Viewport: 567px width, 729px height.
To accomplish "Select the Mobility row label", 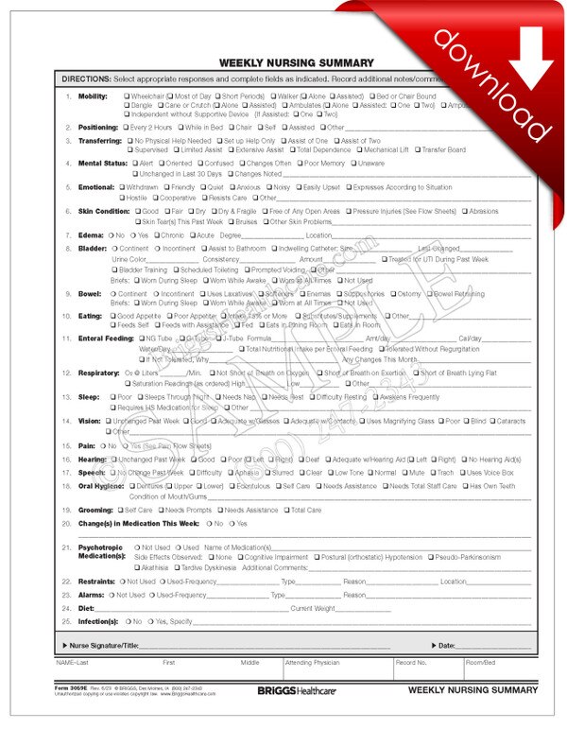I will (93, 96).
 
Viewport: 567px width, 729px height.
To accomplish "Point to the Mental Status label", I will (102, 163).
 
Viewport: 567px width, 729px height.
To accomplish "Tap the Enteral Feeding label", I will (105, 338).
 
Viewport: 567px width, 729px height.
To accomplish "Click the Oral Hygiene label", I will (102, 486).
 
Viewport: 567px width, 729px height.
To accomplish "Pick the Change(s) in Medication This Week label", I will (142, 523).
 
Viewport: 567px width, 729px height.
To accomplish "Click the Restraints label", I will (98, 581).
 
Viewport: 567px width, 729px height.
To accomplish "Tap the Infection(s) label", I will (98, 621).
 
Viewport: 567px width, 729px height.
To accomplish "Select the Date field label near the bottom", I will (447, 645).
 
